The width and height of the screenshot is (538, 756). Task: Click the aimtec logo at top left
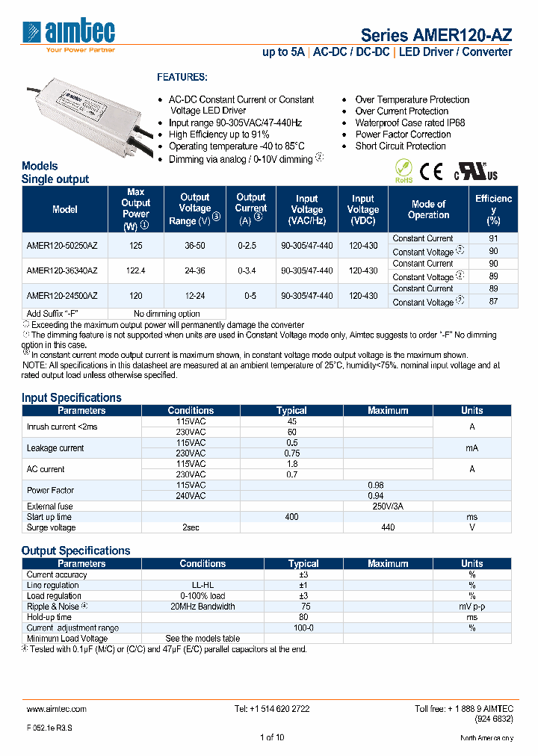pos(69,34)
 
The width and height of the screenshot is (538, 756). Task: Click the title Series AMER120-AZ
pos(436,35)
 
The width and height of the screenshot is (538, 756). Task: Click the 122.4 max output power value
pos(135,270)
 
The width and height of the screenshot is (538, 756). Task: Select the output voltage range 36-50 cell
pos(194,245)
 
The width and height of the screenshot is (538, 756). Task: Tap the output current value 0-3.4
pos(250,270)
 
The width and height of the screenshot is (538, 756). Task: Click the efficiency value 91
pos(492,239)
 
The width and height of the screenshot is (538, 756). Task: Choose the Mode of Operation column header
pos(428,209)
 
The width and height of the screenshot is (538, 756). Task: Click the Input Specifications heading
pos(71,397)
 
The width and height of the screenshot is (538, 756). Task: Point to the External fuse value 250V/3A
pos(388,506)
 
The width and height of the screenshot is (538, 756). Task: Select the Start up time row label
pos(49,517)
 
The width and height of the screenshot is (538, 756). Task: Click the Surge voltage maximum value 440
pos(388,527)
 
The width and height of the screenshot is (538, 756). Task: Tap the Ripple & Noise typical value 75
pos(303,607)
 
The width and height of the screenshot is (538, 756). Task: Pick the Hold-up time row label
pos(49,617)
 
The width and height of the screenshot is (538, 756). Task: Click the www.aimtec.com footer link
pos(57,708)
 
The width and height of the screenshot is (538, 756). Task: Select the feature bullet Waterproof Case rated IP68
pos(410,123)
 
